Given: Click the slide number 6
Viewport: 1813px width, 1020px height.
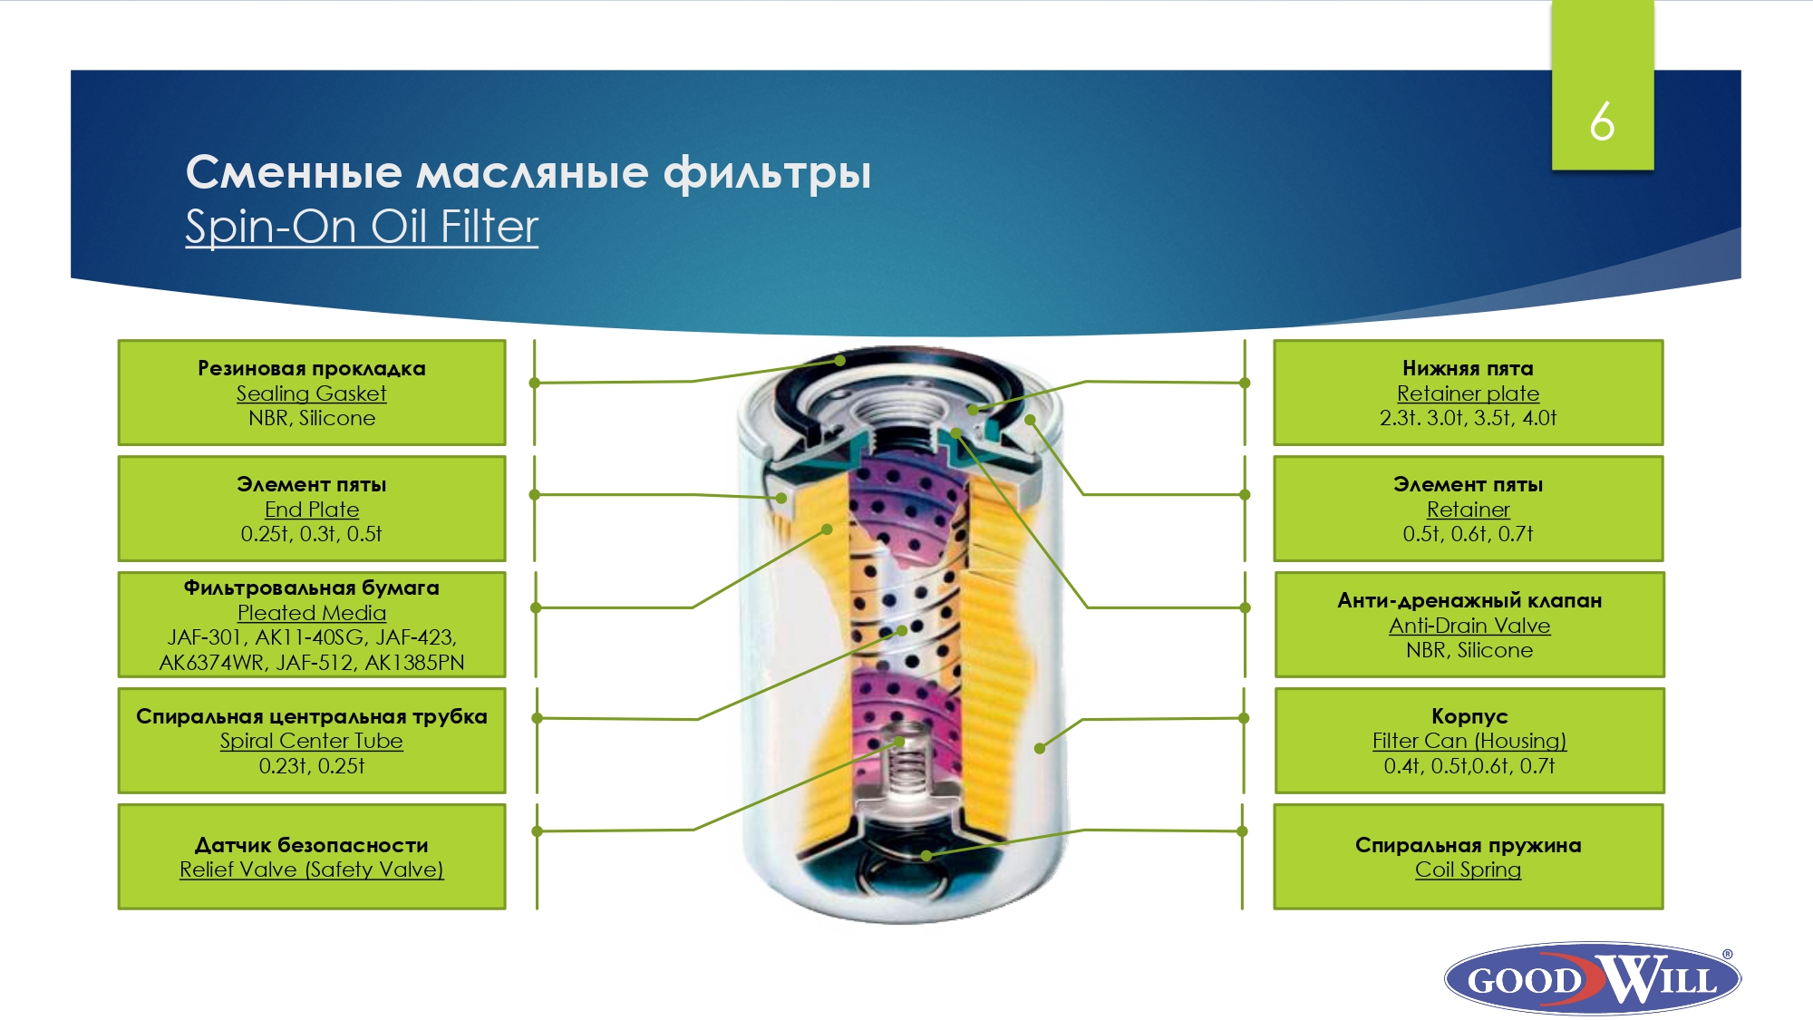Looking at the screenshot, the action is tap(1602, 121).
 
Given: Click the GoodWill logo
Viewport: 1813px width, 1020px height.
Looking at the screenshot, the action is tap(1593, 978).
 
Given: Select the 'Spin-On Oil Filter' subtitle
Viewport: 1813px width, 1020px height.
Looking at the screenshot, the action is tap(362, 227).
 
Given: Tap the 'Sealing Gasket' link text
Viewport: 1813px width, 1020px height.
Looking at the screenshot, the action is tap(311, 393).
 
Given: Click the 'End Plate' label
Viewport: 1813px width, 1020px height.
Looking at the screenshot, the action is tap(311, 510).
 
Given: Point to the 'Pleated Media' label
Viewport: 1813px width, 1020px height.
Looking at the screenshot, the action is tap(311, 613).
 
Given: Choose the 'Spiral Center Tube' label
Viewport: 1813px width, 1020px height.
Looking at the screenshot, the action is tap(311, 741).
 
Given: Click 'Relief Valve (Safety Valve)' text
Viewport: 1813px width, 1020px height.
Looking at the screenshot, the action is tap(311, 869).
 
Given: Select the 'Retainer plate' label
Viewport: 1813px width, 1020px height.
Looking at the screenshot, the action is tap(1468, 393).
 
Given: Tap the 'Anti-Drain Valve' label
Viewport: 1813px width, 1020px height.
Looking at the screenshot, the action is tap(1469, 626).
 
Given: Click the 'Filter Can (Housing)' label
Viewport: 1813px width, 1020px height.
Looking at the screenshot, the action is tap(1469, 741).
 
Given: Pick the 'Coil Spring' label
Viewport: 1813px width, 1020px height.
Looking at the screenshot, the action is tap(1468, 869).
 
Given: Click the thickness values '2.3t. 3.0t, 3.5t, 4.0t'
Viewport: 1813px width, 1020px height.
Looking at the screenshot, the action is tap(1468, 418).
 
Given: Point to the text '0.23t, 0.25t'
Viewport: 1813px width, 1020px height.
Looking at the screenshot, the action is tap(311, 766).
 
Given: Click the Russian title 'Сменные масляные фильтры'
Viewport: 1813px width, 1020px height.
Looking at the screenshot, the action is tap(528, 172).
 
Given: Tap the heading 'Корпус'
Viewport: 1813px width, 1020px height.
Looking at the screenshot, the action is tap(1469, 716).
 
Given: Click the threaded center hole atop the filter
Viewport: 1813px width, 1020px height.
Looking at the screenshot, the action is tap(893, 413).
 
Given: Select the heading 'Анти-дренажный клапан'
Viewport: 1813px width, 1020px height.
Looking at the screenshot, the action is tap(1469, 600).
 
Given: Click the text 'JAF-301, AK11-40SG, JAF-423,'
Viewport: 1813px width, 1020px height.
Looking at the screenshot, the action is tap(311, 637).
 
